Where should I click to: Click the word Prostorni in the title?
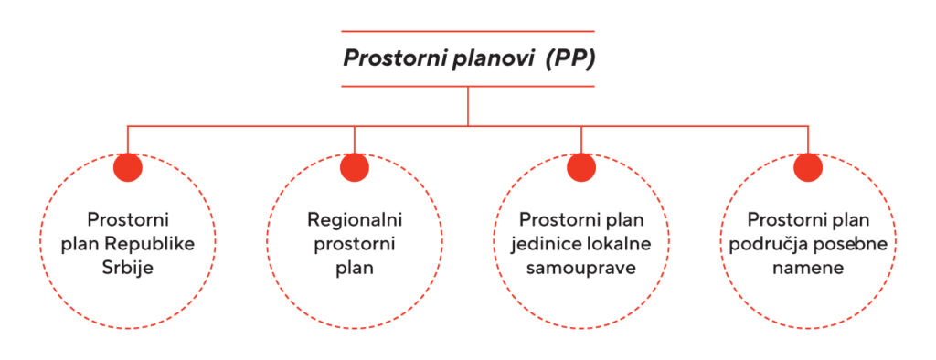(x=388, y=60)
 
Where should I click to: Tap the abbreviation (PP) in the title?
(x=570, y=60)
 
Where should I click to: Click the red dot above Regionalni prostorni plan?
(x=354, y=167)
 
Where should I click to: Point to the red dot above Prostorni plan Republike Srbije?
(x=128, y=167)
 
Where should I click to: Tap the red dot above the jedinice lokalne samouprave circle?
(x=581, y=167)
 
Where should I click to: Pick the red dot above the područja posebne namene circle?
(x=808, y=167)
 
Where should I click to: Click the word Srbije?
(x=129, y=269)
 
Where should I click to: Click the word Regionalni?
(x=355, y=221)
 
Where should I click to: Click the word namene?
(x=808, y=269)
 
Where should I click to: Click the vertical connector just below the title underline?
(x=468, y=105)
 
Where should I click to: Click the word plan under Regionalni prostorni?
(x=355, y=269)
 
